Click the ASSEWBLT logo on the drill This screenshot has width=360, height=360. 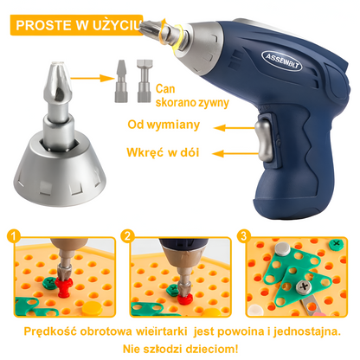282,61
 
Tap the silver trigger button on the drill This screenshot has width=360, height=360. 264,140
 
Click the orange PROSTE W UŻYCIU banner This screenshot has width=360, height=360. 77,25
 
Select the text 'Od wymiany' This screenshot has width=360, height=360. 164,125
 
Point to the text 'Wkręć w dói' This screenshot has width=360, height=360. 163,152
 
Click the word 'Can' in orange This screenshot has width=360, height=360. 165,89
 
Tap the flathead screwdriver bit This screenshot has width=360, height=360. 121,81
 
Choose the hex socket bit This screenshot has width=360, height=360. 145,80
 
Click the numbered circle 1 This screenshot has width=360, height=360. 13,236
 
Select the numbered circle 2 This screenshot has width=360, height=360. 127,236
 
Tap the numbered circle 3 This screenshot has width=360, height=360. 244,236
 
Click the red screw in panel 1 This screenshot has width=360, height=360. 64,286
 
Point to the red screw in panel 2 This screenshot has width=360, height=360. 185,299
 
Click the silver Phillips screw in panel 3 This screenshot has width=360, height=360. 304,287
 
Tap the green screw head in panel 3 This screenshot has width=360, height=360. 337,244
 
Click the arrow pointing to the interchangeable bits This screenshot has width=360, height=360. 93,78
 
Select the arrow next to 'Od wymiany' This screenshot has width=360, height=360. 234,128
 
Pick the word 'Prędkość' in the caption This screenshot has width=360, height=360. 50,331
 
